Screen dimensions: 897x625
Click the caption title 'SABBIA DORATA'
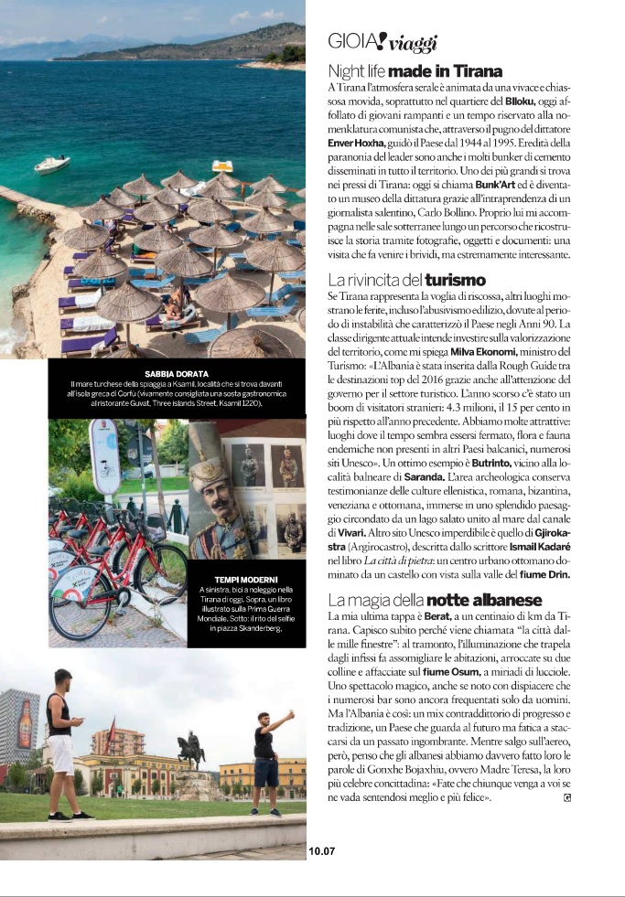(x=177, y=374)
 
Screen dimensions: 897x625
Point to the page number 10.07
(x=322, y=850)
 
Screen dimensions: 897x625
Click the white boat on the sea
(x=51, y=164)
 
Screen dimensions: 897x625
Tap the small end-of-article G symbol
(x=568, y=797)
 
